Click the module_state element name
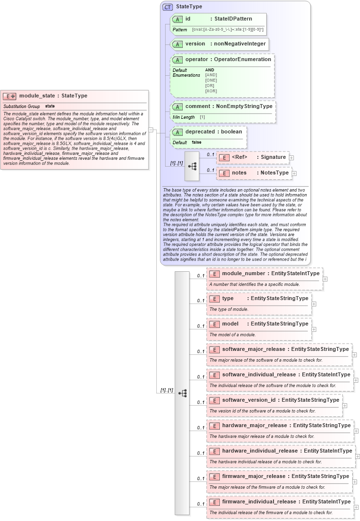[x=37, y=96]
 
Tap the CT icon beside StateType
[x=168, y=7]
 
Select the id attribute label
[x=188, y=19]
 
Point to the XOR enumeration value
[x=211, y=91]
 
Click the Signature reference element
[x=273, y=157]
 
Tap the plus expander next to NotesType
[x=295, y=173]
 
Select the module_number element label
[x=243, y=274]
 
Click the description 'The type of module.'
[x=229, y=309]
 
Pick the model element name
[x=230, y=324]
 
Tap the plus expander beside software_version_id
[x=345, y=405]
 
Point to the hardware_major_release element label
[x=254, y=426]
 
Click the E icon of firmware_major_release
[x=214, y=477]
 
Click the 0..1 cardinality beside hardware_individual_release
[x=201, y=453]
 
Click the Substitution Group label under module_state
[x=21, y=106]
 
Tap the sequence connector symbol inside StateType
[x=192, y=166]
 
